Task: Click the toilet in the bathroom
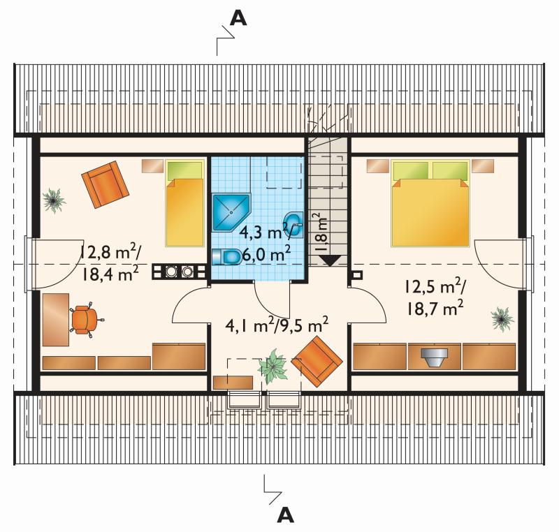click(226, 257)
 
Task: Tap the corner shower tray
click(231, 212)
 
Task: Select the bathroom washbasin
click(293, 225)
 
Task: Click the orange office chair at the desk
click(85, 317)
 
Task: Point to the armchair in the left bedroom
click(105, 184)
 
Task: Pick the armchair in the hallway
click(317, 361)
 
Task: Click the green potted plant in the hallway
click(273, 366)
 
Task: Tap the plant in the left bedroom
click(55, 201)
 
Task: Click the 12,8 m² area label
click(110, 252)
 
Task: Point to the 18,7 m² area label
click(435, 309)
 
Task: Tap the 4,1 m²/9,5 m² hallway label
click(277, 325)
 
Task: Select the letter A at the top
click(238, 18)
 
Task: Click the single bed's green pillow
click(184, 170)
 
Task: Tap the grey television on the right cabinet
click(434, 357)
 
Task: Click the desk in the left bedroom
click(56, 320)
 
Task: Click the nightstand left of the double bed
click(378, 166)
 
